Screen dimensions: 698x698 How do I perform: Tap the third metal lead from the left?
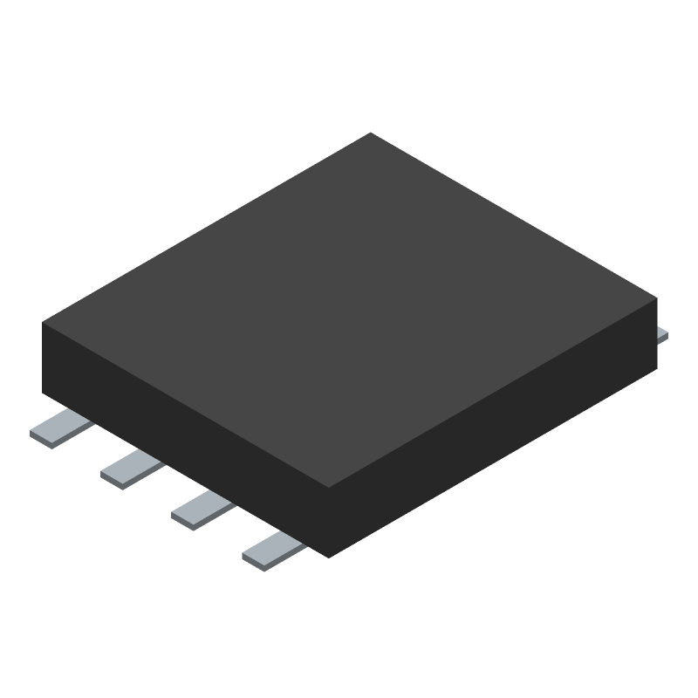202,508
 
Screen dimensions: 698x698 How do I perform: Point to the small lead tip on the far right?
663,334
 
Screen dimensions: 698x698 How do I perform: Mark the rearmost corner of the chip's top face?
371,133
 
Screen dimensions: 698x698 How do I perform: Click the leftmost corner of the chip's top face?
43,322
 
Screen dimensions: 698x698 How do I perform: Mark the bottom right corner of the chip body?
655,368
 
